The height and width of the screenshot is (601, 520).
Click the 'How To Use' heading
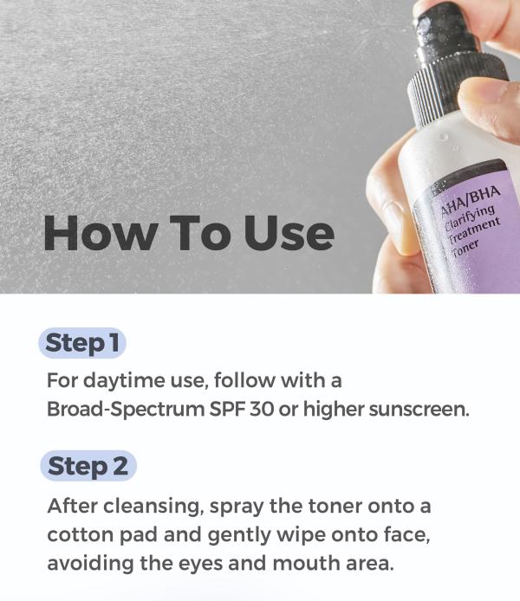point(188,233)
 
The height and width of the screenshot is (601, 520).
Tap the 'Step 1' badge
point(82,343)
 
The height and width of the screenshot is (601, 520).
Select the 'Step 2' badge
point(88,466)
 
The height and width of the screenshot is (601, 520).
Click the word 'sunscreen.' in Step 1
point(419,409)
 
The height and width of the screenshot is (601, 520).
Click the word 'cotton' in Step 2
point(78,533)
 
